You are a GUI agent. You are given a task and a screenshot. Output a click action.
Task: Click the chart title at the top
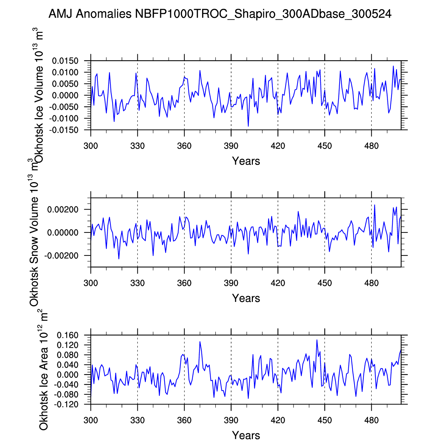(220, 14)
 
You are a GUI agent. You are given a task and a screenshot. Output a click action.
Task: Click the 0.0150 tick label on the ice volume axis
(65, 61)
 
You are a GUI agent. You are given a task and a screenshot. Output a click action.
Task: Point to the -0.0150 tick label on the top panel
(64, 130)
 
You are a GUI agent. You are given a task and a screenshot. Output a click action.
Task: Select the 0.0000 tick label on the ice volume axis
(65, 96)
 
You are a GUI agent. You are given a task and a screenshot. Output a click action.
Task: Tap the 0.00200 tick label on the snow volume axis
(63, 210)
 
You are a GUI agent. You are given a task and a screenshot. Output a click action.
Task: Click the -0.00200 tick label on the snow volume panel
(61, 256)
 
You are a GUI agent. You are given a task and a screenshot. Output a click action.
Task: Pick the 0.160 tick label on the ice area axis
(68, 336)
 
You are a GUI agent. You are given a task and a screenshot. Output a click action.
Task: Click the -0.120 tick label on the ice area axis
(67, 404)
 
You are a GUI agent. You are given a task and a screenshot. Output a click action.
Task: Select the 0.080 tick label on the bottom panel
(68, 355)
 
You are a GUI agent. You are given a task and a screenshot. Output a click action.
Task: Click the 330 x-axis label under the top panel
(137, 146)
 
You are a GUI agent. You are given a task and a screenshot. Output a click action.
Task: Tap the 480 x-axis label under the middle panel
(371, 283)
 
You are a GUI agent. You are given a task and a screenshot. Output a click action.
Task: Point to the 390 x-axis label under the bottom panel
(231, 420)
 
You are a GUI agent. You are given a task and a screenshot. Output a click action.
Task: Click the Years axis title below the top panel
(246, 161)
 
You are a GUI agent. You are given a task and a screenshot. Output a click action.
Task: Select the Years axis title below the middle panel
(246, 298)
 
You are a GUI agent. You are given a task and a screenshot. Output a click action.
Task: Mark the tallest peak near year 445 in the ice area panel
(317, 340)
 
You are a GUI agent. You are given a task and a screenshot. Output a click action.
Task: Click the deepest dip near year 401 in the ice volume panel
(248, 126)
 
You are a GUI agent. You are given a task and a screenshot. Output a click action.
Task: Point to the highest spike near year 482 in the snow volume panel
(374, 205)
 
